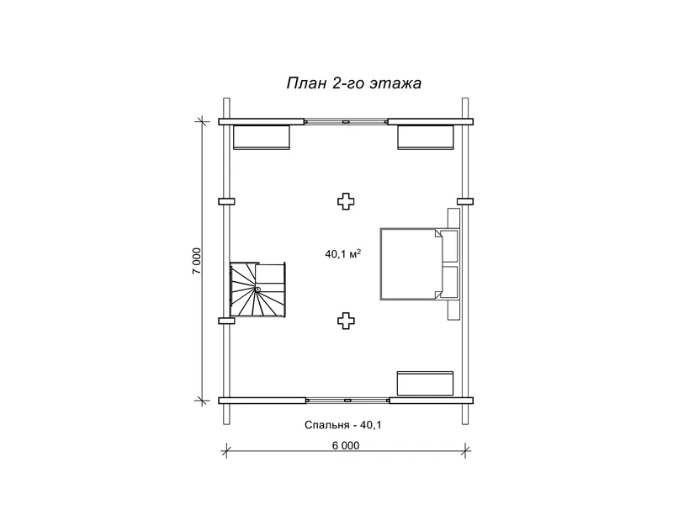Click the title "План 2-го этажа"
pyautogui.click(x=353, y=82)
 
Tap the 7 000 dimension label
pyautogui.click(x=197, y=261)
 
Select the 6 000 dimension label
pyautogui.click(x=346, y=445)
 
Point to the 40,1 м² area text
pyautogui.click(x=342, y=254)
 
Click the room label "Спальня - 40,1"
pyautogui.click(x=343, y=425)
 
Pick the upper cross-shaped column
pyautogui.click(x=346, y=201)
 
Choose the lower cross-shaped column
pyautogui.click(x=346, y=321)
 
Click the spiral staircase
pyautogui.click(x=257, y=290)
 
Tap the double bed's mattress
pyautogui.click(x=411, y=264)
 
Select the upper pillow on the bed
pyautogui.click(x=450, y=246)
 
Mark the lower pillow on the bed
pyautogui.click(x=450, y=282)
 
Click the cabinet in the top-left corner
pyautogui.click(x=262, y=137)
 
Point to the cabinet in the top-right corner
pyautogui.click(x=426, y=137)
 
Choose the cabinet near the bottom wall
pyautogui.click(x=425, y=384)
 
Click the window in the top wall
pyautogui.click(x=346, y=122)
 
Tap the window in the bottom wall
pyautogui.click(x=347, y=401)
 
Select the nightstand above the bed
pyautogui.click(x=453, y=219)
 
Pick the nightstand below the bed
pyautogui.click(x=453, y=309)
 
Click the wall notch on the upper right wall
pyautogui.click(x=465, y=201)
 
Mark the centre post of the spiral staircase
pyautogui.click(x=257, y=290)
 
